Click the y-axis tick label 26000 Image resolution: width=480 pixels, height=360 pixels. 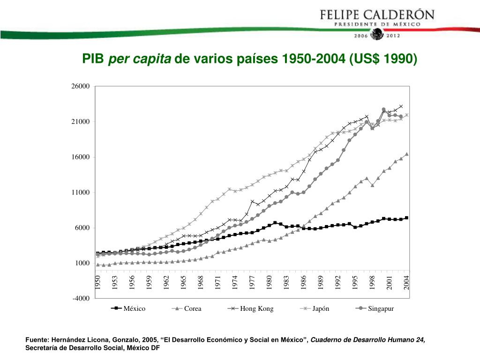coord(80,86)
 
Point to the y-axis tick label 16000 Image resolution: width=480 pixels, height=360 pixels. coord(80,157)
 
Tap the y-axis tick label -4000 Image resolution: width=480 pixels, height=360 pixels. coord(81,299)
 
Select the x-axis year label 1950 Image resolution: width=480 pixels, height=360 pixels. coord(98,282)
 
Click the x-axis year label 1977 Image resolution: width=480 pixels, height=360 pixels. coord(252,282)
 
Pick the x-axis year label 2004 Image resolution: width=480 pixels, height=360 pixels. coord(407,282)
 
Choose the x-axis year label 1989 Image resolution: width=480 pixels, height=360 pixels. coord(321,282)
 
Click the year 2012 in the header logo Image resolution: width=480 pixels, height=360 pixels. coord(392,36)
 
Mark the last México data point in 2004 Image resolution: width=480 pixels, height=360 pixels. coord(406,218)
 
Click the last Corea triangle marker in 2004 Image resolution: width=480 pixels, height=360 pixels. coord(406,154)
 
